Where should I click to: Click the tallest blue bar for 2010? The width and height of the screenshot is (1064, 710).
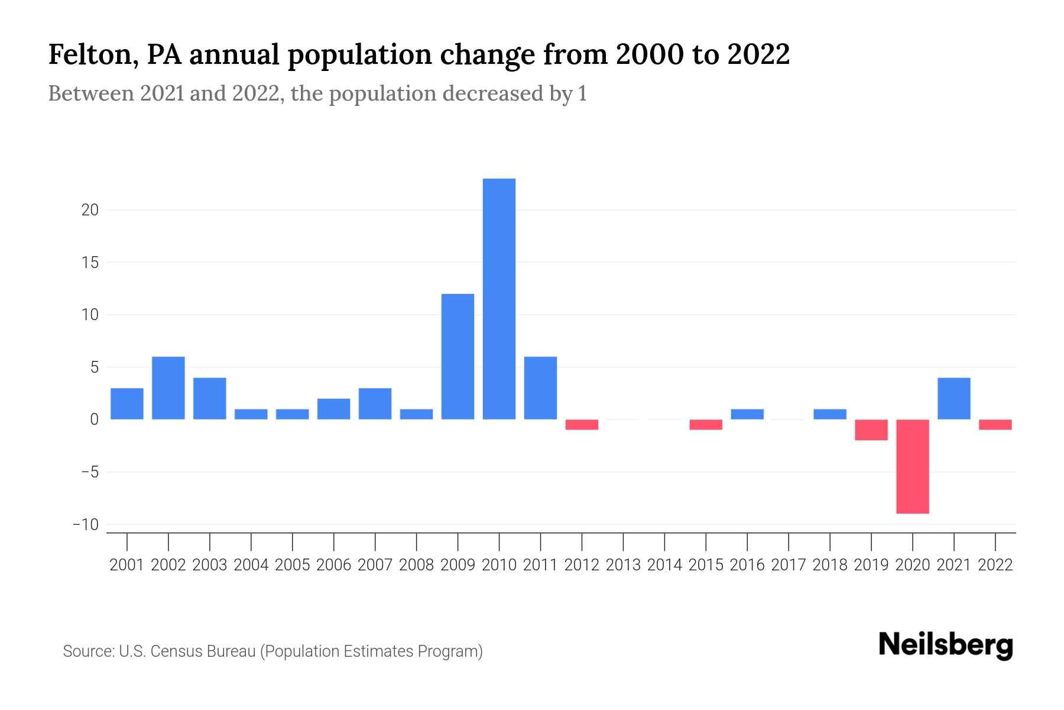(x=499, y=299)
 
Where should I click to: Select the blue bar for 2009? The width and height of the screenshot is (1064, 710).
(x=458, y=357)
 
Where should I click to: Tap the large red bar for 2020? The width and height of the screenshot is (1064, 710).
(x=913, y=466)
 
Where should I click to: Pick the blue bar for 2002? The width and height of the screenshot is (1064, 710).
(x=168, y=388)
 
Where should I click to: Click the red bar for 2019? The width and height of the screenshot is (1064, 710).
(x=871, y=430)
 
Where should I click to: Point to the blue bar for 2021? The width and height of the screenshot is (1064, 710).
(x=953, y=399)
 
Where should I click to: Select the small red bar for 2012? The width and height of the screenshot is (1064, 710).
(x=582, y=425)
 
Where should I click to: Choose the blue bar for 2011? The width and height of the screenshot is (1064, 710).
(x=540, y=388)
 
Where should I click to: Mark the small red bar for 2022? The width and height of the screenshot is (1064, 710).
(x=995, y=425)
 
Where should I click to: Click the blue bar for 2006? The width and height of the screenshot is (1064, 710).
(x=333, y=409)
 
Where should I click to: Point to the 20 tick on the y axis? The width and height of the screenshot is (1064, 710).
(x=90, y=210)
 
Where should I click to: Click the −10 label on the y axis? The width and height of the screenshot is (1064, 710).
(x=85, y=525)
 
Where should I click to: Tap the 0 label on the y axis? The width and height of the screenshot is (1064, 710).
(x=94, y=419)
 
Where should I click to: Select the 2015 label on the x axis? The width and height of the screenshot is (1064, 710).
(x=706, y=565)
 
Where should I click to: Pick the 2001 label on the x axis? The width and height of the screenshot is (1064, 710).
(x=127, y=565)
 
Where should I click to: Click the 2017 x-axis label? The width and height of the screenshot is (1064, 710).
(x=789, y=565)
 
